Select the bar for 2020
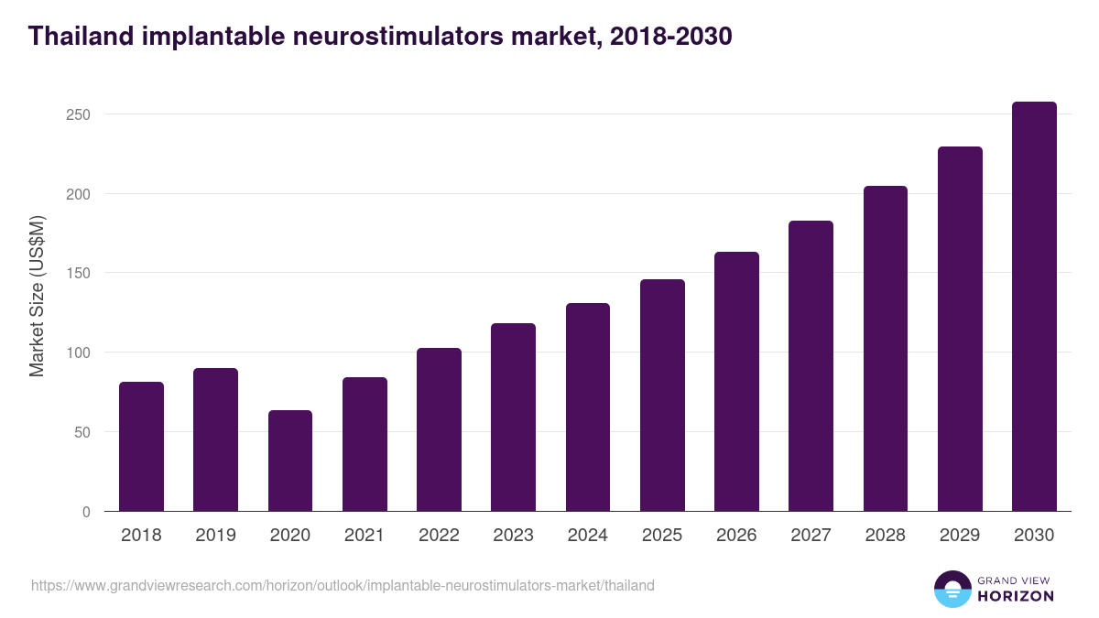pyautogui.click(x=290, y=461)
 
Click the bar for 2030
pyautogui.click(x=1034, y=307)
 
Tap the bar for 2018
pyautogui.click(x=141, y=447)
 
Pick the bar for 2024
pyautogui.click(x=588, y=407)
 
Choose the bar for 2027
pyautogui.click(x=811, y=366)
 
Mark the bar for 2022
pyautogui.click(x=439, y=429)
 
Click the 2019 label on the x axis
pyautogui.click(x=215, y=536)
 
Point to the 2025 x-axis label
pyautogui.click(x=662, y=536)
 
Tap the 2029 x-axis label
pyautogui.click(x=960, y=536)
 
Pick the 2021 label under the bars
pyautogui.click(x=365, y=536)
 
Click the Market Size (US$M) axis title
pyautogui.click(x=37, y=295)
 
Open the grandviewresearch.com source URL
pyautogui.click(x=343, y=585)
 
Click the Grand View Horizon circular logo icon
pyautogui.click(x=952, y=589)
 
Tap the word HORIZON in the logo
pyautogui.click(x=1015, y=596)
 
